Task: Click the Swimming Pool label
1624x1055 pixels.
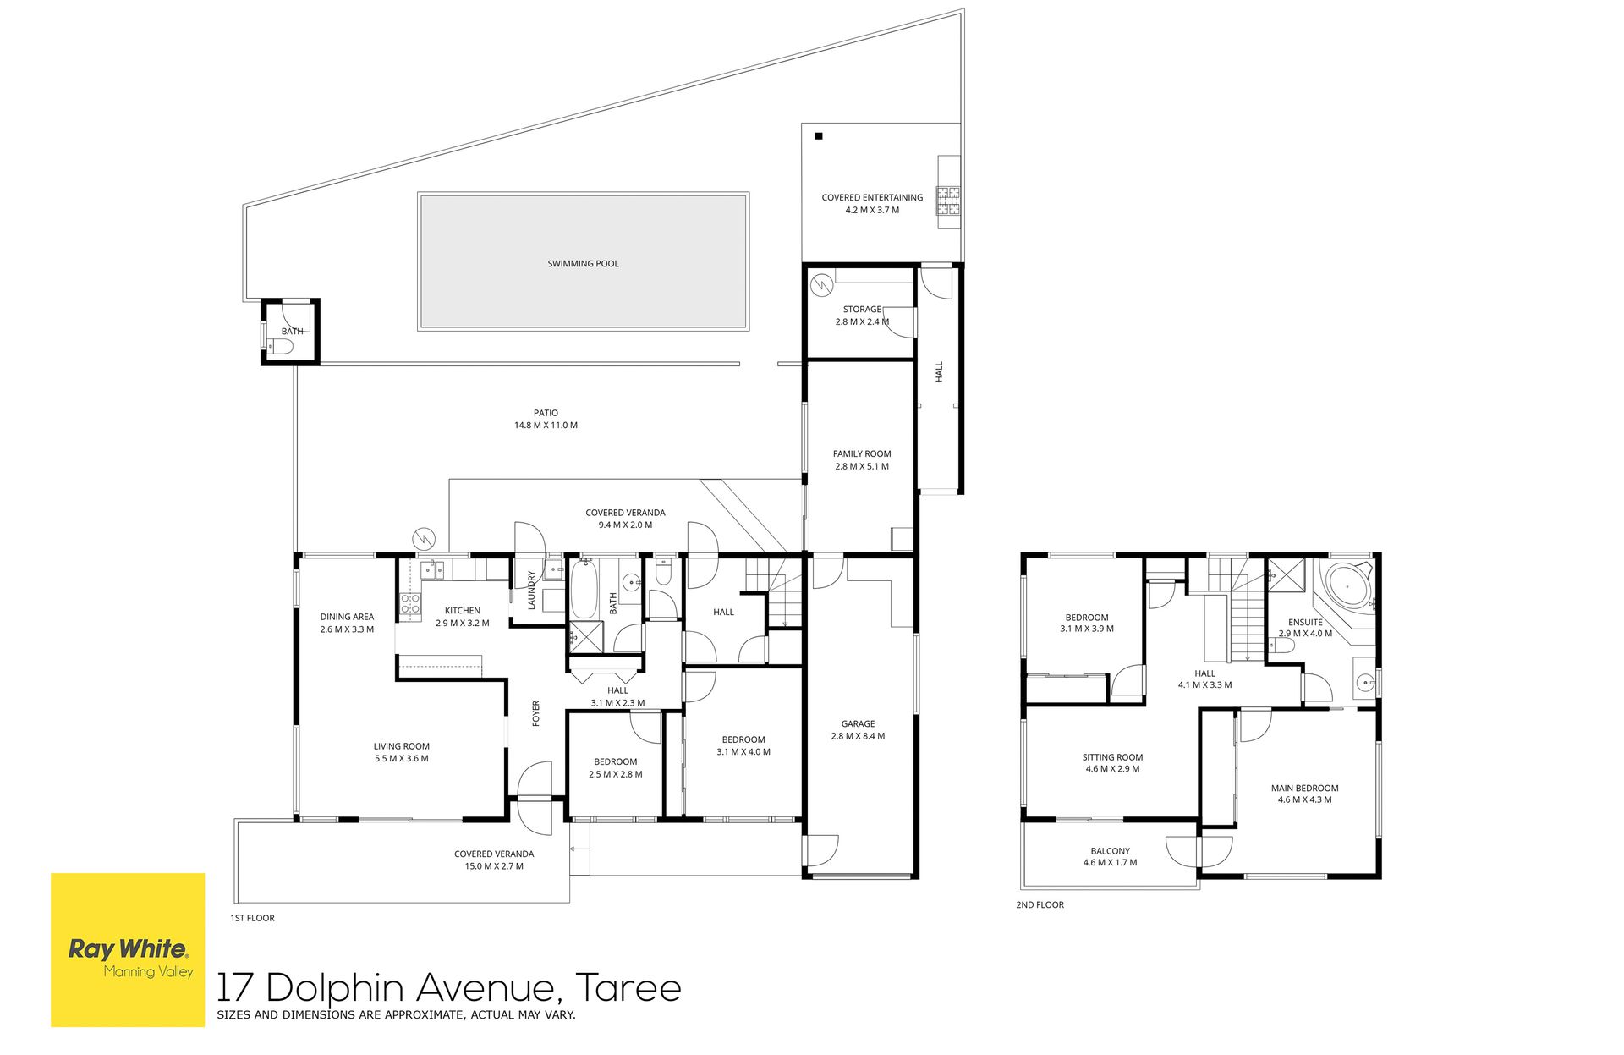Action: pos(583,264)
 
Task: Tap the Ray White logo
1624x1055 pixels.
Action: pos(128,950)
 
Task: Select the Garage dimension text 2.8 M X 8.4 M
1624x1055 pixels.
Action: pos(858,736)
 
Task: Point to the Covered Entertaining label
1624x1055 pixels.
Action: pos(872,197)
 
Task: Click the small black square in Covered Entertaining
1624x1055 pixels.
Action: pos(818,135)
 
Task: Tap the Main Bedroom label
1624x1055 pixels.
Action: pos(1304,788)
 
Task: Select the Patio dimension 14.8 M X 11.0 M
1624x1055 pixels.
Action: pos(546,426)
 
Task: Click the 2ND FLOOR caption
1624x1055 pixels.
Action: pos(1040,905)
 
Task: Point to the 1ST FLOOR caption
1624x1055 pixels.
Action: pos(252,918)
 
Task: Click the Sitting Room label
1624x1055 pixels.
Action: pos(1112,757)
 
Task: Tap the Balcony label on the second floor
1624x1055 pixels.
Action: pos(1110,851)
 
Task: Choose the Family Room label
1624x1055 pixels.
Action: pos(862,453)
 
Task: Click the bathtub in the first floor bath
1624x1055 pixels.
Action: pos(584,589)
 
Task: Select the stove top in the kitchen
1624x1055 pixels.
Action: pos(410,604)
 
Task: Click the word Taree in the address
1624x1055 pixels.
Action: pos(628,988)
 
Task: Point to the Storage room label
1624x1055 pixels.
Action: pos(862,309)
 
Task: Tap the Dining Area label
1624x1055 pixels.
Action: pos(347,617)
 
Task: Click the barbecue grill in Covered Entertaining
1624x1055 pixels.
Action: pos(948,201)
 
